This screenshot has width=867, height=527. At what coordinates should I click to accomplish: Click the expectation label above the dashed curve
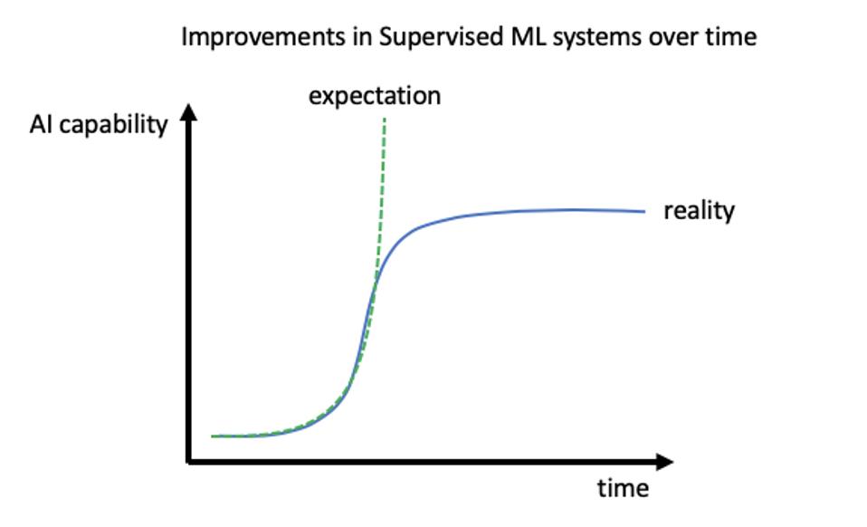(375, 97)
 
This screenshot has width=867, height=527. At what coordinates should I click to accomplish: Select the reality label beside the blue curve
(699, 211)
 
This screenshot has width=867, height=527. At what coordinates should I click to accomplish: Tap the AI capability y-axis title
(99, 124)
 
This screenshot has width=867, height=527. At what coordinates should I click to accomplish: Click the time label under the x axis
(624, 488)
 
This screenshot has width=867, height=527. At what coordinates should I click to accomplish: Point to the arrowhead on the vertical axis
(189, 111)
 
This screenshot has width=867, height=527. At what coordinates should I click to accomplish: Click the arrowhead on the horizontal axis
(664, 462)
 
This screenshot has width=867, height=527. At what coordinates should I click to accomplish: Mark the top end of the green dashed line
(385, 119)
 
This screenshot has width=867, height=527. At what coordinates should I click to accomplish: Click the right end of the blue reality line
(644, 211)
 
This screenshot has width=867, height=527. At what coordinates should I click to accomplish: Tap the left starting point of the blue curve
(213, 436)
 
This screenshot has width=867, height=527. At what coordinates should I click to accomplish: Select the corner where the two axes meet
(189, 461)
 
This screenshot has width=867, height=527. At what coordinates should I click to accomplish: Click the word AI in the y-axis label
(41, 124)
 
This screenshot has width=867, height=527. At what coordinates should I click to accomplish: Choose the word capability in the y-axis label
(113, 125)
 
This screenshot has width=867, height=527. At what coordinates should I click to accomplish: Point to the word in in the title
(362, 37)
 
